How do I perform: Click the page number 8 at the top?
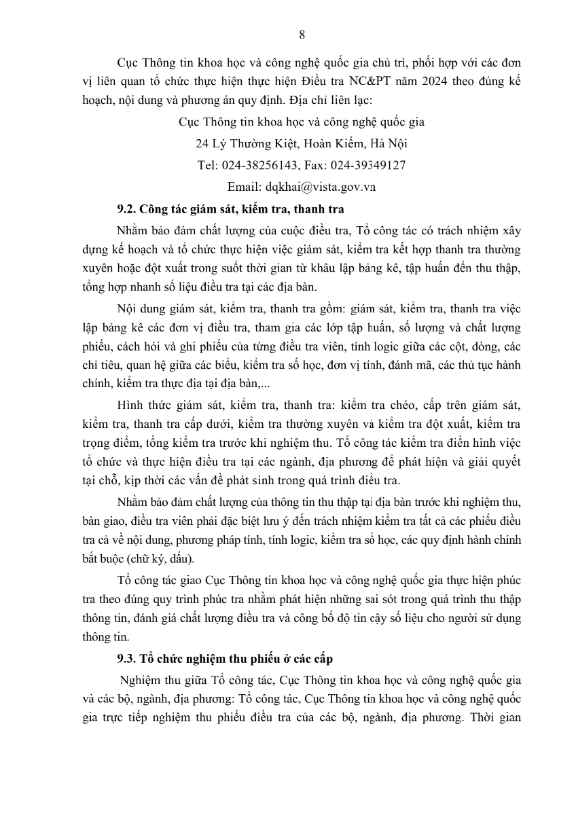(302, 35)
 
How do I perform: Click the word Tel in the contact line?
(206, 165)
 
